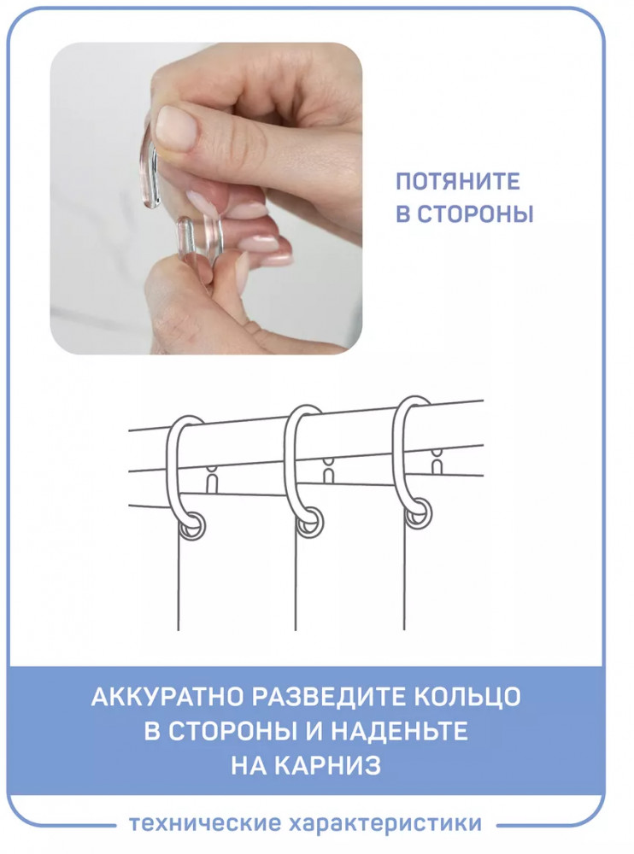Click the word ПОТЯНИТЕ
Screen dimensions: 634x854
[x=457, y=181]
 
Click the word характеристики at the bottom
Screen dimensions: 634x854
[x=385, y=823]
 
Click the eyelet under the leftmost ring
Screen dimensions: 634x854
[x=194, y=527]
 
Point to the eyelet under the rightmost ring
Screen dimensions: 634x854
[x=420, y=515]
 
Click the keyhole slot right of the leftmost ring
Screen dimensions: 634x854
[x=213, y=479]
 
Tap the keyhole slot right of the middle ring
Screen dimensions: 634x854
[x=328, y=471]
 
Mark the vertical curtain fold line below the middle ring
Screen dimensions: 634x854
[x=296, y=582]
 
